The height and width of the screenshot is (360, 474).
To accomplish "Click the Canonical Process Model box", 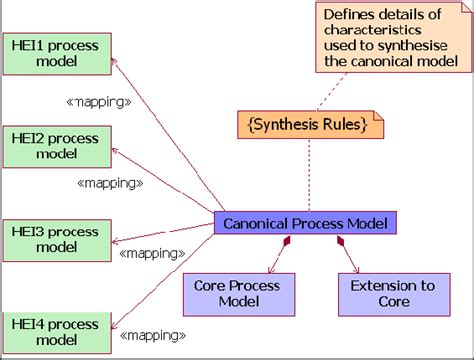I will pos(304,223).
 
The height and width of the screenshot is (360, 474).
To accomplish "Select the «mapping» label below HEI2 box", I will pos(109,183).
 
